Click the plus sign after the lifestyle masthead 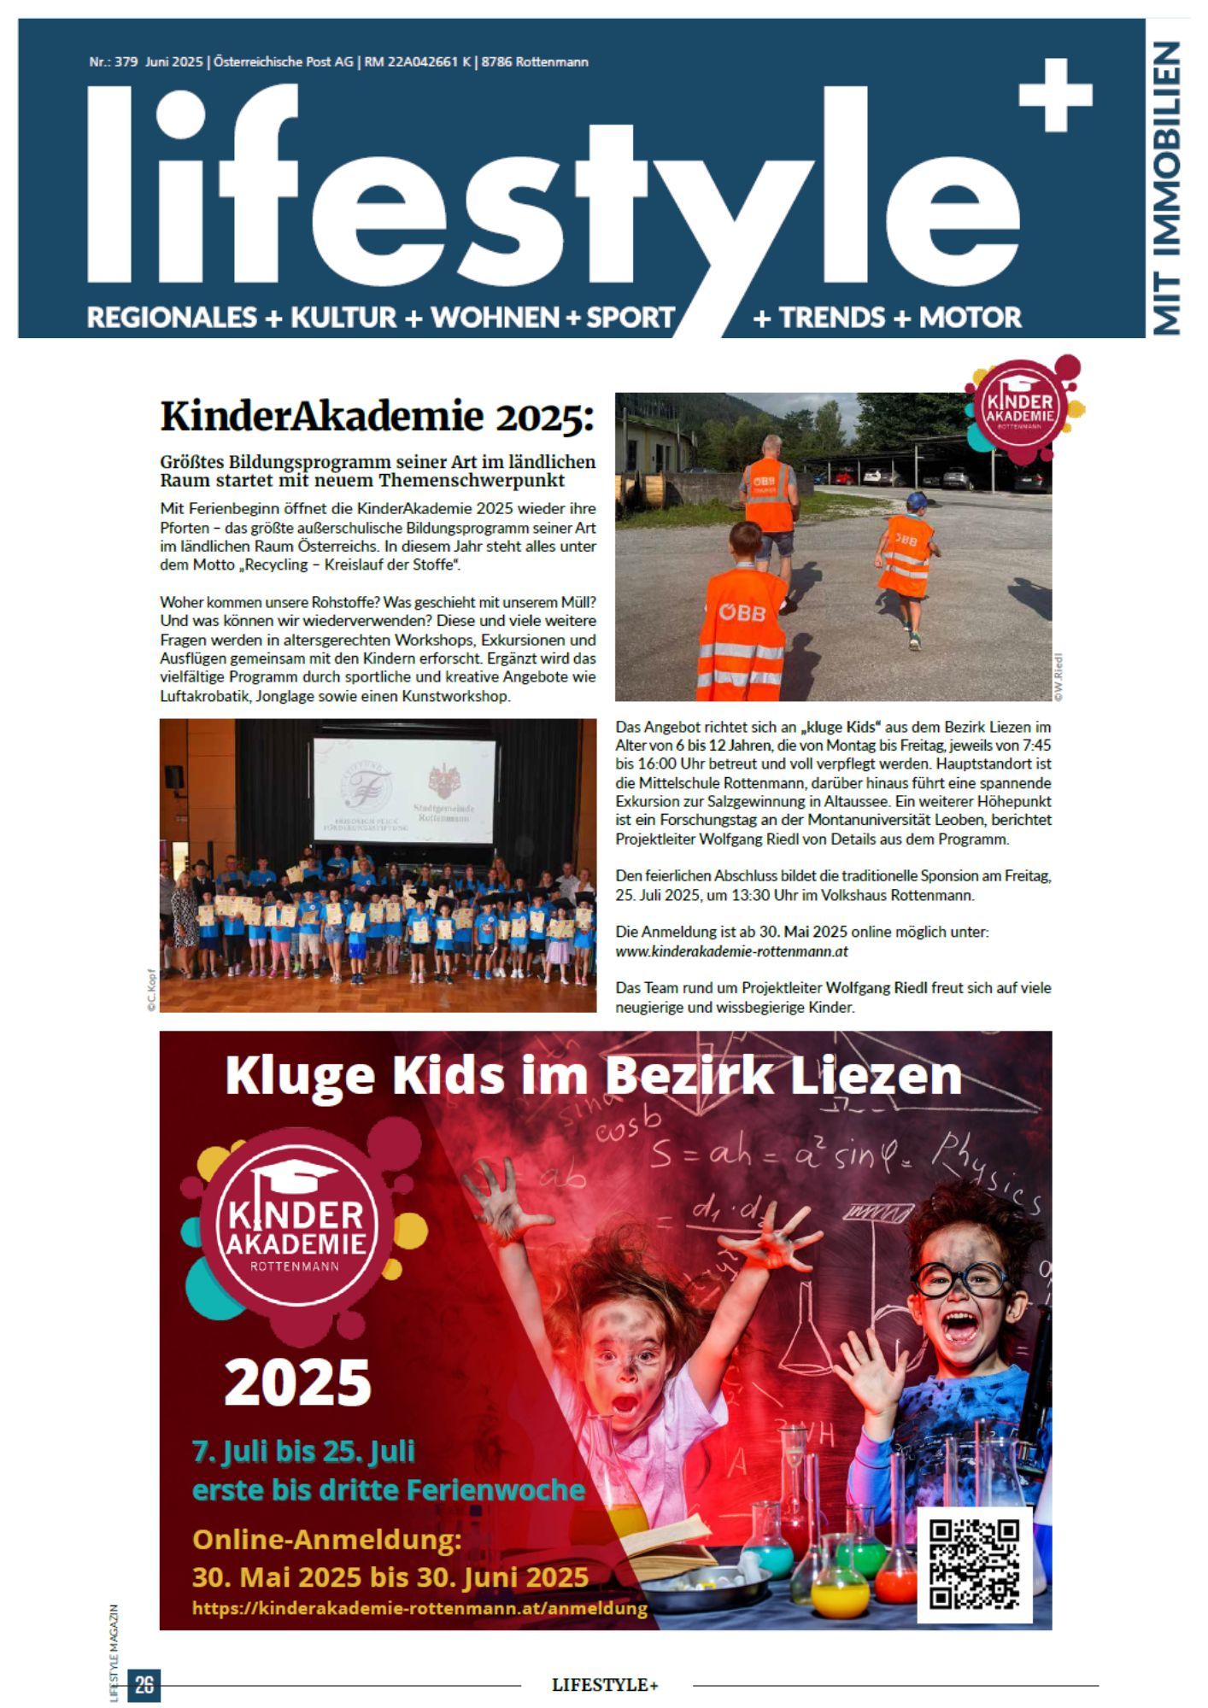point(1056,95)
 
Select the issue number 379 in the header point(127,62)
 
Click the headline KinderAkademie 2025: point(376,417)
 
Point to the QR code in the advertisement point(974,1565)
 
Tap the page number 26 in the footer point(144,1684)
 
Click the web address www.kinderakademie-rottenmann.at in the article point(731,951)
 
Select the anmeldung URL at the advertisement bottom point(419,1608)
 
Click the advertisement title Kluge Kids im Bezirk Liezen point(594,1075)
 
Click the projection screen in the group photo point(403,790)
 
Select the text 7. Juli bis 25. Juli point(303,1451)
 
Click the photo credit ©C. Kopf point(151,991)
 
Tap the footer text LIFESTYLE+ point(605,1685)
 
